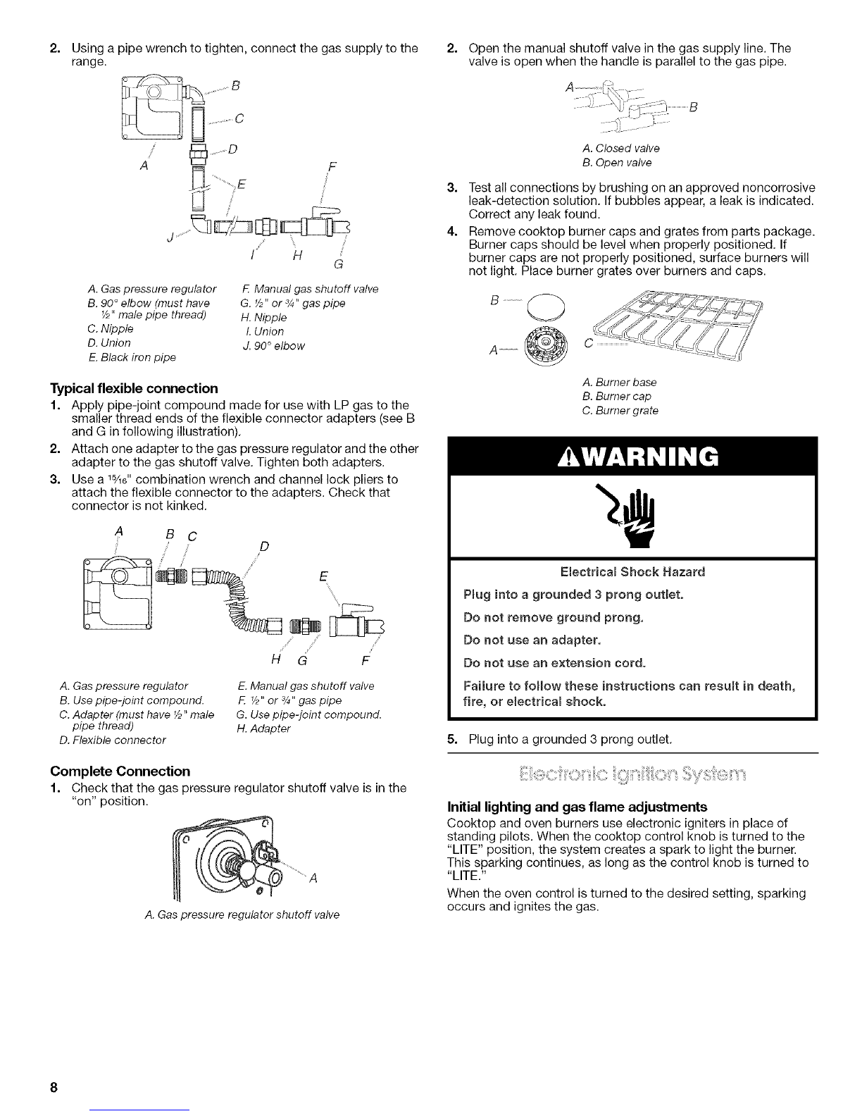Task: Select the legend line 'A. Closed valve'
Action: coord(621,149)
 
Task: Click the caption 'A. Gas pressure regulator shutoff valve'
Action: coord(241,914)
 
